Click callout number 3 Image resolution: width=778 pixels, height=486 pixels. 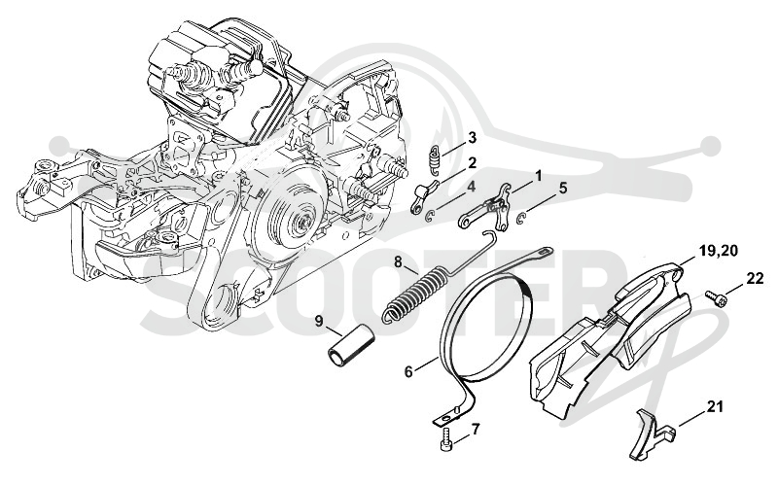click(472, 137)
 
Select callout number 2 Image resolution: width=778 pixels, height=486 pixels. click(472, 162)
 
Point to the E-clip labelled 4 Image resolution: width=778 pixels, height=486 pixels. click(431, 216)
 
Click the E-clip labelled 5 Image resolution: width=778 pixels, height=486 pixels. click(522, 218)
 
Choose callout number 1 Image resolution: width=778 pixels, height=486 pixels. click(538, 176)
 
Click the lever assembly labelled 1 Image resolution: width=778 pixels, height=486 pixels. click(485, 208)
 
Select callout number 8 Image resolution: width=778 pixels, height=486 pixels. click(399, 261)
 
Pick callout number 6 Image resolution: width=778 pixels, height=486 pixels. click(408, 371)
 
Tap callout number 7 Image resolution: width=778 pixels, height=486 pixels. click(476, 429)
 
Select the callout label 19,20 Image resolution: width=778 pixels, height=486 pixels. click(719, 251)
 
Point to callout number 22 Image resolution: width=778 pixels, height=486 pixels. click(755, 279)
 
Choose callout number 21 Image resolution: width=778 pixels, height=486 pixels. click(715, 407)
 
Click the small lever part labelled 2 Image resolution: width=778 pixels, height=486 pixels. click(424, 194)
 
